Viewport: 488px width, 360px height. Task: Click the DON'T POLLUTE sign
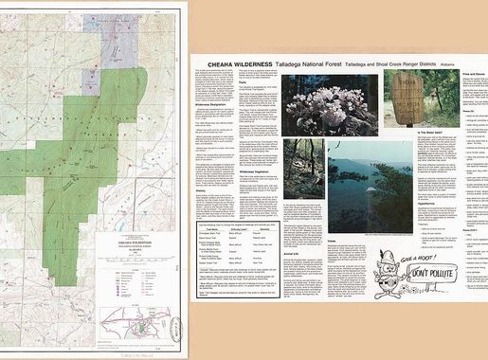[430, 276]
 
